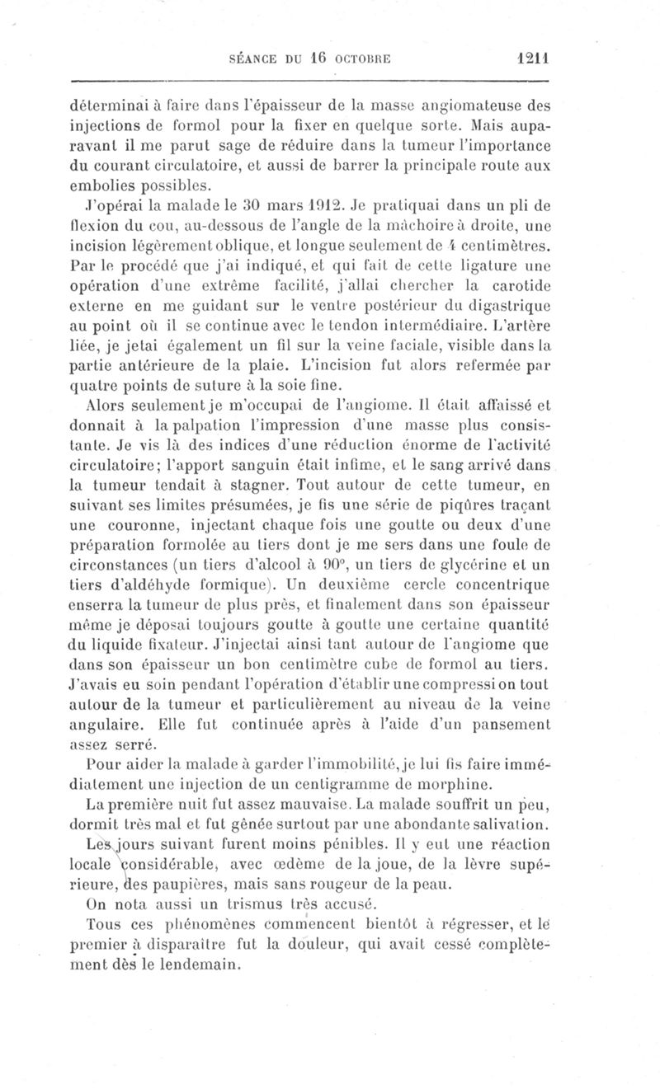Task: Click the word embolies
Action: point(106,184)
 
